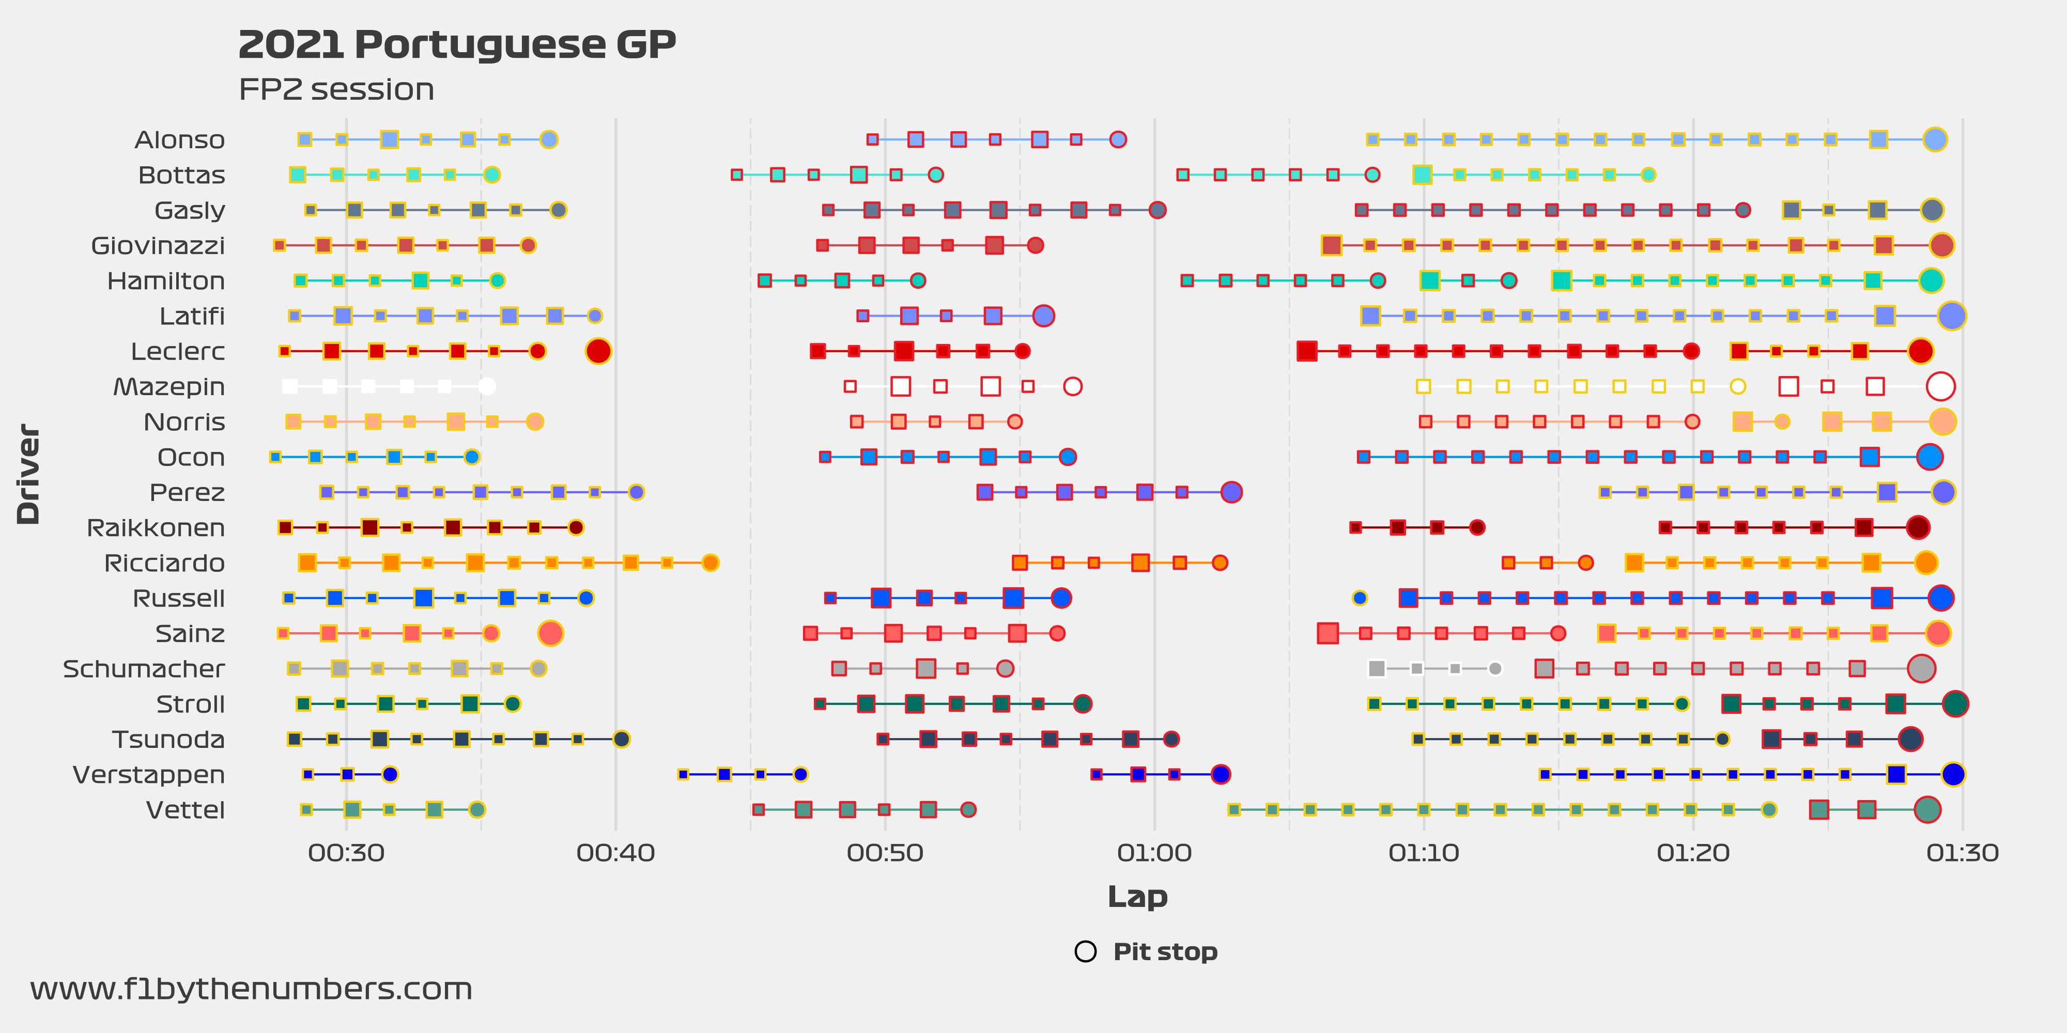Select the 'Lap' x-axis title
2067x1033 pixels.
1137,896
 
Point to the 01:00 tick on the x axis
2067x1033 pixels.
1154,853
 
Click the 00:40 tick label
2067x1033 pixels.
615,853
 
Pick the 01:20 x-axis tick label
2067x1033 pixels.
1693,853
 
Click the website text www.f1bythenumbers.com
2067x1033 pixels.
251,989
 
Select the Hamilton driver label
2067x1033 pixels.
166,280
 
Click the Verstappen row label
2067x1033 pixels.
148,775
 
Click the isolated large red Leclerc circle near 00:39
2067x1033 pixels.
598,351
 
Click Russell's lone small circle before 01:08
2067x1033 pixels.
1359,598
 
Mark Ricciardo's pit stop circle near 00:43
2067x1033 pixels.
709,562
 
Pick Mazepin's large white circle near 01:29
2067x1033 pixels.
1940,386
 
